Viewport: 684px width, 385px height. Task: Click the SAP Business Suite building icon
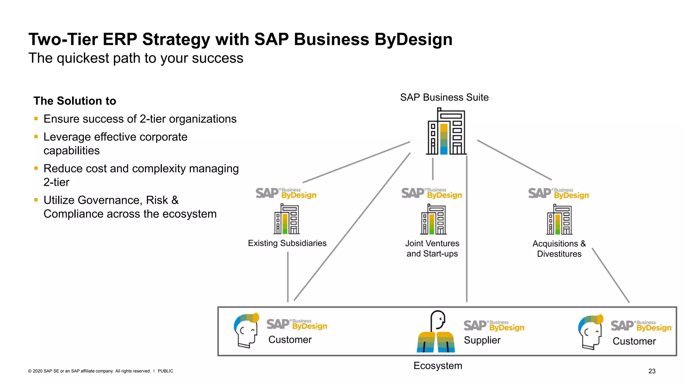(446, 132)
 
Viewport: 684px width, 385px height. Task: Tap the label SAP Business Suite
(444, 97)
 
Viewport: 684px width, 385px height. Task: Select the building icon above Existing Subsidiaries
(287, 220)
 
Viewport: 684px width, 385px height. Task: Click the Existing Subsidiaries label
(287, 243)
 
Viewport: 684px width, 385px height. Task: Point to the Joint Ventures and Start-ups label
(432, 248)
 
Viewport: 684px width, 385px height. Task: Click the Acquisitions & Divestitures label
(559, 249)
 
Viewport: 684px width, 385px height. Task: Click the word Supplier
(482, 340)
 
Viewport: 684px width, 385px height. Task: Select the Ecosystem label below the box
(438, 366)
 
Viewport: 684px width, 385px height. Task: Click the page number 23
(652, 371)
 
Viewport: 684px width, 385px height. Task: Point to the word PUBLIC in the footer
(165, 371)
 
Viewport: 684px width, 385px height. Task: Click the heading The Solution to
(75, 101)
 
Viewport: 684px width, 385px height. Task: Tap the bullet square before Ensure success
(36, 118)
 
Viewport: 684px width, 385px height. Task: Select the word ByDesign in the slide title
(413, 39)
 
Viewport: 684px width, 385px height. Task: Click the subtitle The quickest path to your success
(136, 58)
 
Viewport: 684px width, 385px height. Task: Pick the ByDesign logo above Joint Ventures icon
(432, 193)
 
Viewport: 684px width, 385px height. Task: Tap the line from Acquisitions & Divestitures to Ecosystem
(611, 275)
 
